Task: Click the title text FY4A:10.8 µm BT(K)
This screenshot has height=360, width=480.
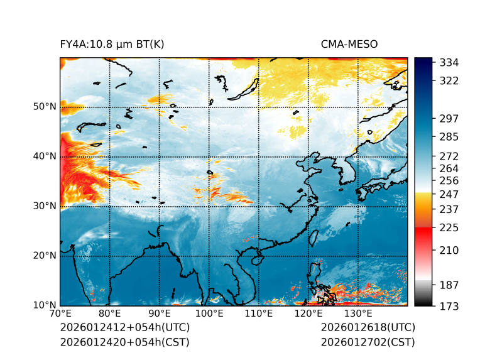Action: tap(112, 44)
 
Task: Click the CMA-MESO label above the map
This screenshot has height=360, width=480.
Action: tap(349, 44)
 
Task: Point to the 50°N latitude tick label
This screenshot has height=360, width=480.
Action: tap(45, 107)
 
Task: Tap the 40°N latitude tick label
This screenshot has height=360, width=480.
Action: tap(45, 156)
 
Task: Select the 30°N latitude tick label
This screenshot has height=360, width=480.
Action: tap(45, 206)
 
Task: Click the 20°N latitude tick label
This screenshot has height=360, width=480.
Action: tap(45, 256)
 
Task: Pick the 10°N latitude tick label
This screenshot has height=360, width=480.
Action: tap(45, 305)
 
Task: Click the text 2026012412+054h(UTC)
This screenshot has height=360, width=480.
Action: tap(124, 328)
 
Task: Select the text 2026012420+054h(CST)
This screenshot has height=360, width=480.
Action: tap(124, 342)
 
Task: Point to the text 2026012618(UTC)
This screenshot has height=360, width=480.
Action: tap(368, 328)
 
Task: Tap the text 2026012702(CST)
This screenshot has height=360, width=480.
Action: tap(368, 342)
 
